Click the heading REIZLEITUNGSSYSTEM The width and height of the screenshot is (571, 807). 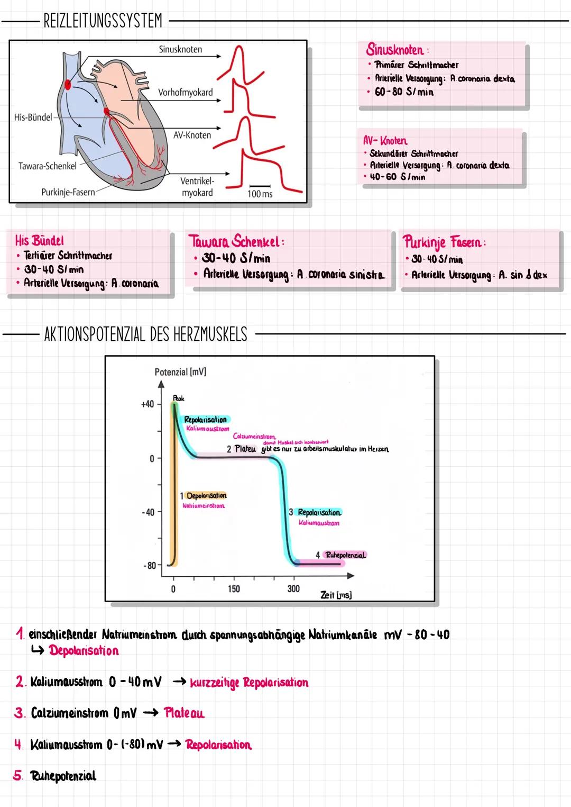tap(103, 21)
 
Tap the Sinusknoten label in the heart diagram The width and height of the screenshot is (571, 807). tap(180, 49)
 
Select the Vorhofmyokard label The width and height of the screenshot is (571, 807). tap(185, 93)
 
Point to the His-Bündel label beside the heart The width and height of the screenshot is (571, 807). tap(33, 117)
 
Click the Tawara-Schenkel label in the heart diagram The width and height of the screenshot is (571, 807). tap(48, 166)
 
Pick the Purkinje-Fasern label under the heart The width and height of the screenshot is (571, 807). tap(68, 192)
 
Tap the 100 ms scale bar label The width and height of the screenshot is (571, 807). tap(260, 194)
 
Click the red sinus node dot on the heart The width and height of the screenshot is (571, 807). tap(68, 84)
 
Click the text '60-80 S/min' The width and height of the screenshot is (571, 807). tap(404, 92)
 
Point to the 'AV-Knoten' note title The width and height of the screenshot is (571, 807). tap(385, 141)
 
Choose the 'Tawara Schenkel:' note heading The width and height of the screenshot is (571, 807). tap(236, 242)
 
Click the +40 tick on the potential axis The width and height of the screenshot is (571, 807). tap(147, 404)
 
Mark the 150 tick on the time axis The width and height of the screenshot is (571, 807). tap(234, 589)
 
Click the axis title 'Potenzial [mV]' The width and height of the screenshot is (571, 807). tap(180, 372)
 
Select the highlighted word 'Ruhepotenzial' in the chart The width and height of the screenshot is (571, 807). tap(345, 555)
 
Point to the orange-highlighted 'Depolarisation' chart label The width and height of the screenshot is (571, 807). tap(206, 495)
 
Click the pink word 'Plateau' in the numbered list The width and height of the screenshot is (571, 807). tap(184, 713)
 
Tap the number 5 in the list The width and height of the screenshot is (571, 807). tap(18, 776)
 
